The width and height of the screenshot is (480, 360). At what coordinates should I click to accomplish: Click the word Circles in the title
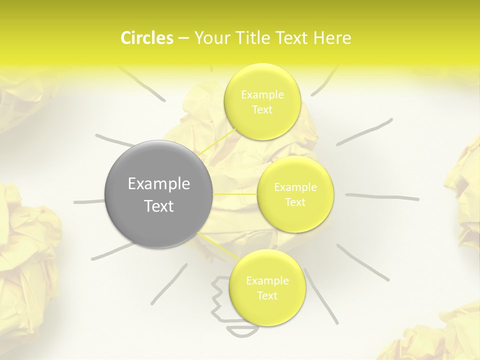pyautogui.click(x=146, y=38)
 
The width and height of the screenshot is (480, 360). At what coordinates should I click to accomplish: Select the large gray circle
pyautogui.click(x=158, y=194)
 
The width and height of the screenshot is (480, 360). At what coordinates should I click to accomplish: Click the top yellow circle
pyautogui.click(x=262, y=102)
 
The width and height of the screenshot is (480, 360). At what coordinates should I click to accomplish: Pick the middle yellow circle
pyautogui.click(x=295, y=194)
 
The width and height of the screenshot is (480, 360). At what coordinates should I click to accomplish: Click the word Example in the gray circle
pyautogui.click(x=158, y=184)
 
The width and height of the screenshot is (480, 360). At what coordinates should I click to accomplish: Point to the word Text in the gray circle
pyautogui.click(x=158, y=206)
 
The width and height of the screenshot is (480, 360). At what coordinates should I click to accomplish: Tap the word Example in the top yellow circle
pyautogui.click(x=262, y=94)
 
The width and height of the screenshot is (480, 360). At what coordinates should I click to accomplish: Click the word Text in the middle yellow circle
pyautogui.click(x=295, y=202)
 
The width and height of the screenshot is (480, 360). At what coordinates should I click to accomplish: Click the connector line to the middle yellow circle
pyautogui.click(x=235, y=194)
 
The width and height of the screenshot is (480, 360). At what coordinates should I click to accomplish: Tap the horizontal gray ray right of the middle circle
pyautogui.click(x=382, y=196)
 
